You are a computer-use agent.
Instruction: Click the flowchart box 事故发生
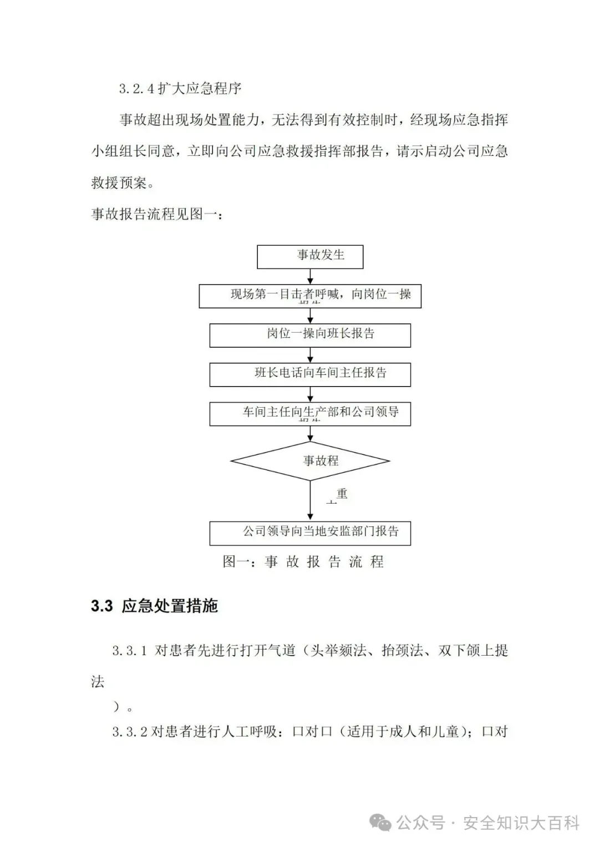[x=310, y=256]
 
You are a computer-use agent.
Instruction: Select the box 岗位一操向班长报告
[x=310, y=335]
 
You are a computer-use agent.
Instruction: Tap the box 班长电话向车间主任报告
[x=310, y=374]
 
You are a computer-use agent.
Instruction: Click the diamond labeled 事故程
[x=310, y=461]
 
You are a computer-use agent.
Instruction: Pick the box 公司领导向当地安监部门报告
[x=310, y=532]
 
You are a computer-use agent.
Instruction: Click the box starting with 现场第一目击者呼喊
[x=310, y=296]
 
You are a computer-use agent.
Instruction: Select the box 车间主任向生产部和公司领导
[x=310, y=414]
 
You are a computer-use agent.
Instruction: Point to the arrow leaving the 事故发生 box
[x=310, y=276]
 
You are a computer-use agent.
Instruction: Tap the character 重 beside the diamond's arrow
[x=342, y=493]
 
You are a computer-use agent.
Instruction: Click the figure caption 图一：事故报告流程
[x=303, y=562]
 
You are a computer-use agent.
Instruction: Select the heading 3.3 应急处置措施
[x=154, y=606]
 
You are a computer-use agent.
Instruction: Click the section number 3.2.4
[x=136, y=89]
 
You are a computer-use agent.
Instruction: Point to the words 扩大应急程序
[x=200, y=89]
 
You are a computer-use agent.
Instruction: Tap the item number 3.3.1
[x=130, y=651]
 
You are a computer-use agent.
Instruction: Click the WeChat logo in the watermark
[x=381, y=822]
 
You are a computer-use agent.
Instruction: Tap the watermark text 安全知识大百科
[x=521, y=823]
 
